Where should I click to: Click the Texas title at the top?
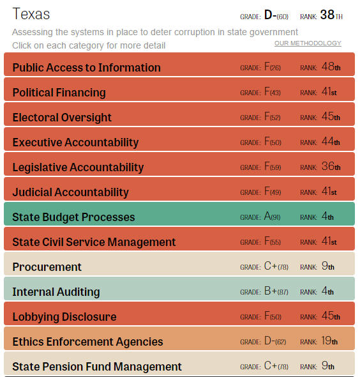[31, 14]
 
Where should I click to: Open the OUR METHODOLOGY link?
[308, 43]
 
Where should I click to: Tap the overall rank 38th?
[331, 15]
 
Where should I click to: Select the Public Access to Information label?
[86, 68]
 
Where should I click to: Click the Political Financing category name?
[59, 93]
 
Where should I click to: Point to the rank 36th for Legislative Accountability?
[331, 167]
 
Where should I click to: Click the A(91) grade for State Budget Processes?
[272, 217]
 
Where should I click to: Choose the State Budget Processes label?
[73, 217]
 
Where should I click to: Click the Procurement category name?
[47, 267]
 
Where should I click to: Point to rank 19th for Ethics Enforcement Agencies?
[331, 342]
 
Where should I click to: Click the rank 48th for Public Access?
[331, 68]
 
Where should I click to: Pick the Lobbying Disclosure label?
[64, 317]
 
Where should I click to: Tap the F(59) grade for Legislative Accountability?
[272, 167]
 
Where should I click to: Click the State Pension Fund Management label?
[97, 367]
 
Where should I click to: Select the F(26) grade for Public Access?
[272, 68]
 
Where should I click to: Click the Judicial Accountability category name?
[70, 192]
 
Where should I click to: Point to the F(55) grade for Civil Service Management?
[272, 242]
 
